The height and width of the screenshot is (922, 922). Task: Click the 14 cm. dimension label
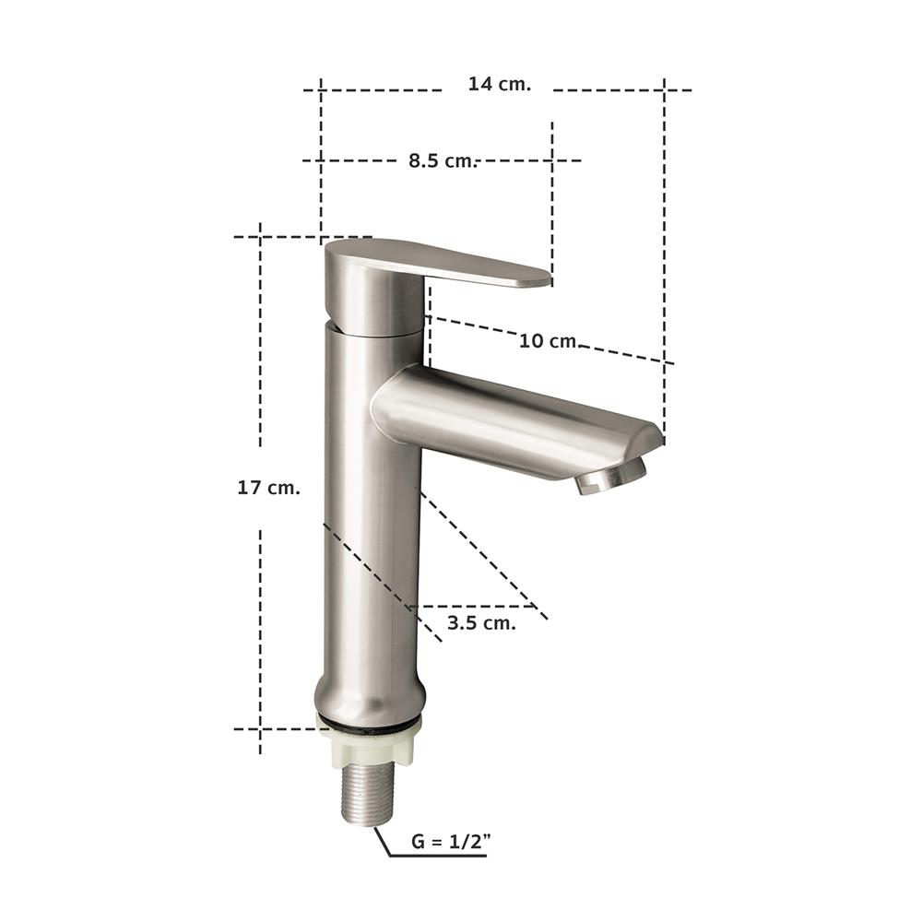pyautogui.click(x=499, y=84)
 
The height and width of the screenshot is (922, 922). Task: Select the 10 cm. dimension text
pyautogui.click(x=548, y=341)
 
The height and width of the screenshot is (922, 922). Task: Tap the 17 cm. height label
pyautogui.click(x=268, y=488)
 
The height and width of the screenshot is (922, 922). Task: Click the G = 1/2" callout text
pyautogui.click(x=449, y=841)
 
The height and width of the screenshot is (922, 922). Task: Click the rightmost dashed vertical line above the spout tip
pyautogui.click(x=664, y=230)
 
